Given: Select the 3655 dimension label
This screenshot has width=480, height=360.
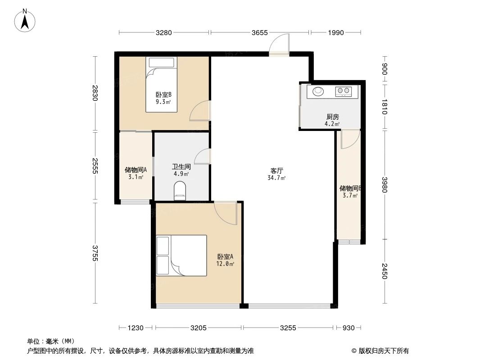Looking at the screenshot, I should coord(260,32).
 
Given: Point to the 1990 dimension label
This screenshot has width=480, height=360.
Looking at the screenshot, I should coord(336,32).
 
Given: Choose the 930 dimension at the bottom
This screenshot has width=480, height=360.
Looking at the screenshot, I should coord(349,328).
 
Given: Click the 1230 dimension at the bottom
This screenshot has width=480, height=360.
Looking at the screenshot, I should coord(136,328).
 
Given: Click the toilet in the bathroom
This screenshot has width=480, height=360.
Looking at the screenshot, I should coord(180,191).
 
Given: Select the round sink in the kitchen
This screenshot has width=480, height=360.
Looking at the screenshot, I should coord(318,91).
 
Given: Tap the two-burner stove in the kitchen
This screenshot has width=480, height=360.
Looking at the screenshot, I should coord(343,92).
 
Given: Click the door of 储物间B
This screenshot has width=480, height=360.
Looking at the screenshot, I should coord(350,139).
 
